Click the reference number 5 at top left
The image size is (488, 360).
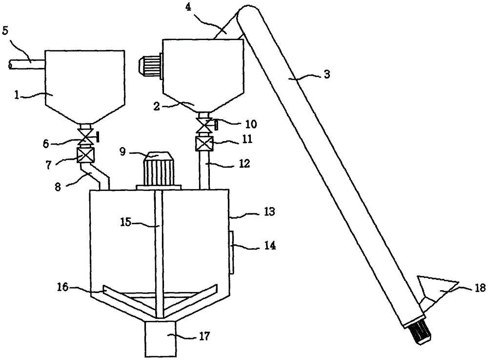[5, 31]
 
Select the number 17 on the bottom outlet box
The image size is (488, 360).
[204, 337]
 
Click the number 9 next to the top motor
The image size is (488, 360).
[122, 152]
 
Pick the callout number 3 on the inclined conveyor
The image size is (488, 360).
[326, 74]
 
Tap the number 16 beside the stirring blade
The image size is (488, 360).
[63, 287]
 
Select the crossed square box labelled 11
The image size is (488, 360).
[204, 144]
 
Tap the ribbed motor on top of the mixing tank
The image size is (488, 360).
[159, 170]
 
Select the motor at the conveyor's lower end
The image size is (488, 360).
[417, 332]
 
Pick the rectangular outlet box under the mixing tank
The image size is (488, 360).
[160, 339]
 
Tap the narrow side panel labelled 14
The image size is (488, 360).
[231, 252]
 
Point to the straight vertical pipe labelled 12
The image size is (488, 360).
[204, 170]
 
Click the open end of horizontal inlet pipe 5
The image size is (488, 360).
[10, 64]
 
